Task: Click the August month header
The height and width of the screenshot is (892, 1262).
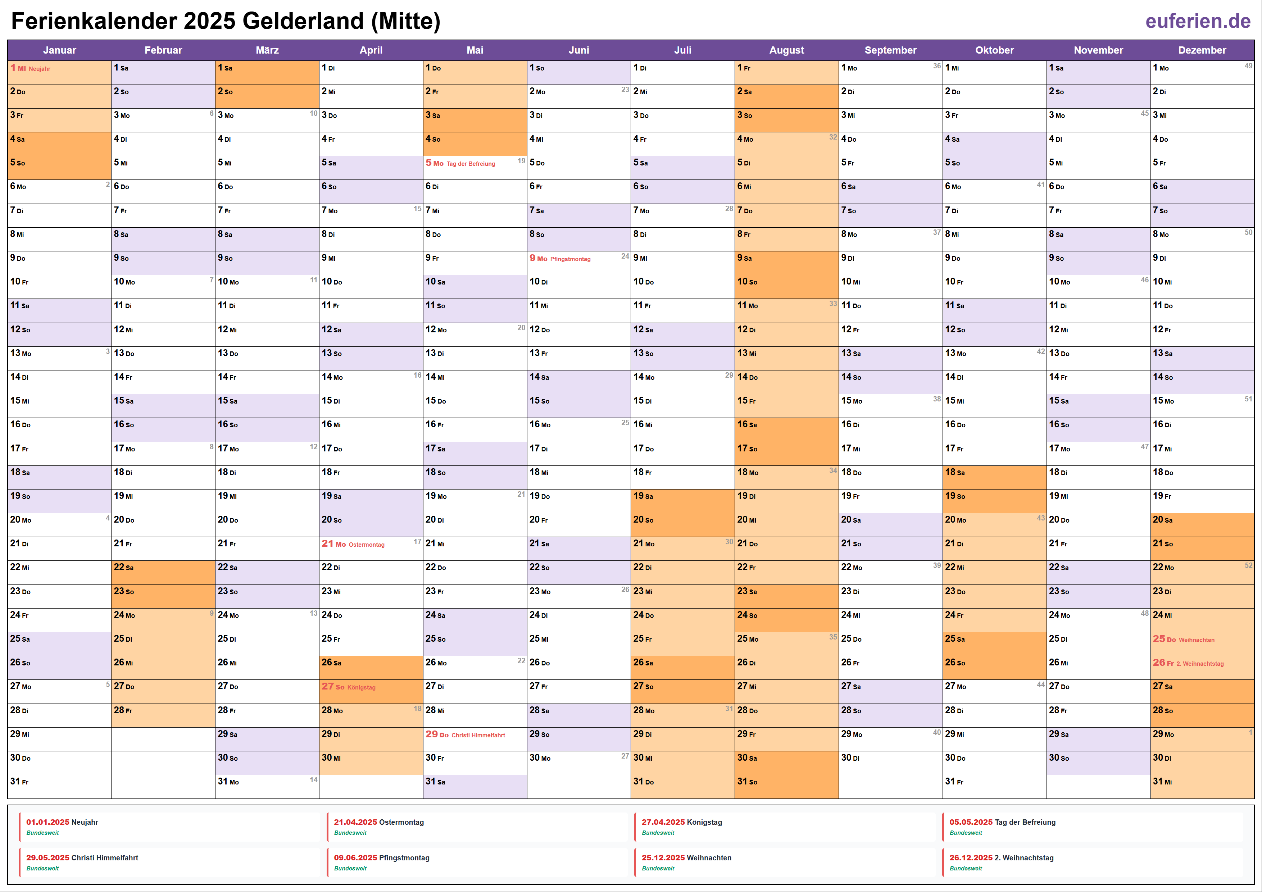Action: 786,50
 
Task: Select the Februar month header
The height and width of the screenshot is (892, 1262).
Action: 163,50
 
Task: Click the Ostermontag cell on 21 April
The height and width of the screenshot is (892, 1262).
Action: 371,544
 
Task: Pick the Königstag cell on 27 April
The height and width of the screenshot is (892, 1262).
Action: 371,687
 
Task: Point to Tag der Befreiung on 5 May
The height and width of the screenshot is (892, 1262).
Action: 471,164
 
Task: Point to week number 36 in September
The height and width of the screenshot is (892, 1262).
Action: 936,66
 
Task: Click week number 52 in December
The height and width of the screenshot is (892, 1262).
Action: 1248,565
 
